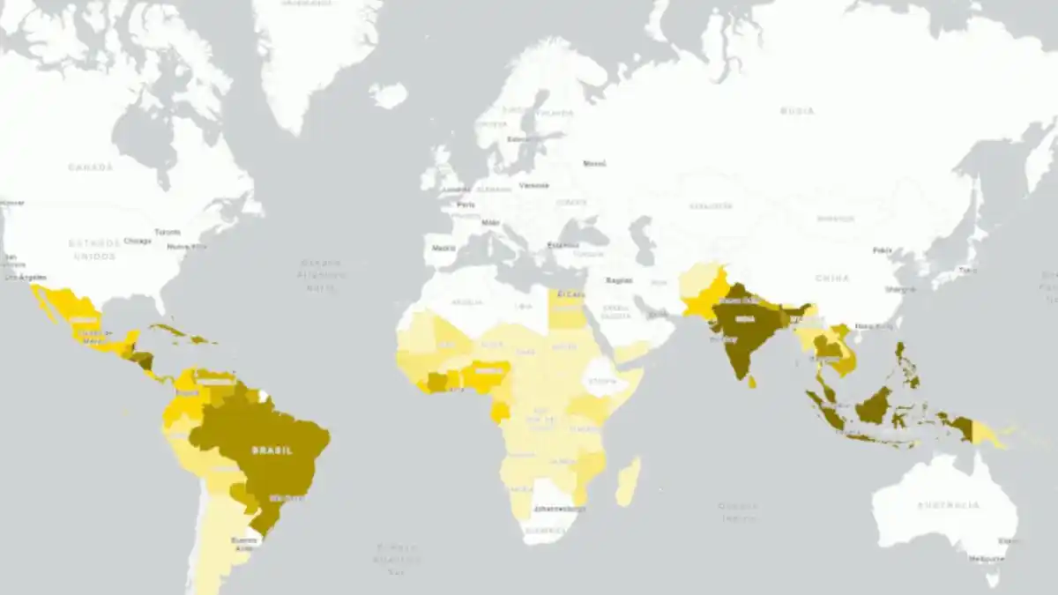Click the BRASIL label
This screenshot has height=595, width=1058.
[272, 450]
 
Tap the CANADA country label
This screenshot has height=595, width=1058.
[91, 167]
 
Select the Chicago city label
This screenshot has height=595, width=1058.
[138, 240]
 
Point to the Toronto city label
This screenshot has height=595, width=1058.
[167, 232]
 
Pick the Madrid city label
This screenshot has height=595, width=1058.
[443, 248]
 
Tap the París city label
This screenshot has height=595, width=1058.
[465, 205]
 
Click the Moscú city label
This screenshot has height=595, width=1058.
[595, 163]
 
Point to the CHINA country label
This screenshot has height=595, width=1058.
[832, 279]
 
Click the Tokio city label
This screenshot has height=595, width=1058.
[967, 270]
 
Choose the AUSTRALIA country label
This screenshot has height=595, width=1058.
[948, 505]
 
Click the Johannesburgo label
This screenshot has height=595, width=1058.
[560, 509]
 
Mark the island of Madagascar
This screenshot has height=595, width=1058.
[628, 482]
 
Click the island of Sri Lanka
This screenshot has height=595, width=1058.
[753, 381]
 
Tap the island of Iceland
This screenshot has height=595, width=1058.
[388, 93]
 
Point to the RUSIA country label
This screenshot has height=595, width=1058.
[797, 111]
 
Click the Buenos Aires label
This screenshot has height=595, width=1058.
[243, 543]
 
